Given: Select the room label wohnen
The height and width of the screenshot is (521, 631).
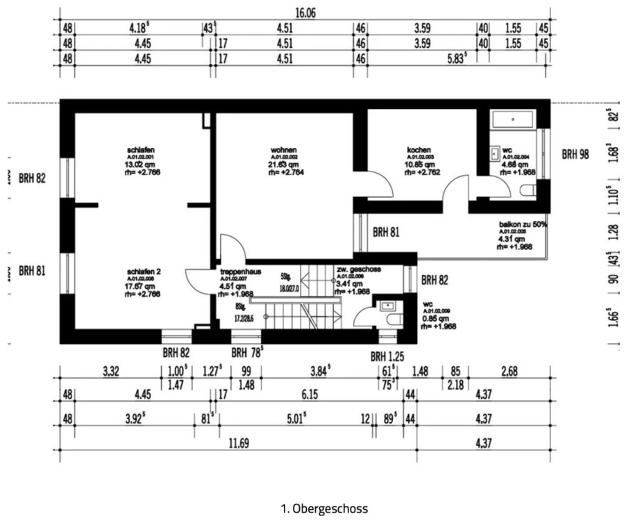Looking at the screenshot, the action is (x=285, y=150).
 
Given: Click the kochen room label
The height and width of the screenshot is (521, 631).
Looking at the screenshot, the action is (x=419, y=150).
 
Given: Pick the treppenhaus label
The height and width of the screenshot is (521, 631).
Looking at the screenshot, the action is (x=240, y=272).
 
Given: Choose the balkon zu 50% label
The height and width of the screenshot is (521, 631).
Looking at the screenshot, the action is (x=523, y=225).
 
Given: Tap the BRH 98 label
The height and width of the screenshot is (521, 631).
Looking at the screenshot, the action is (x=575, y=154).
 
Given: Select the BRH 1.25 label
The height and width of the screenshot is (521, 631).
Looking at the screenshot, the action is (x=387, y=357).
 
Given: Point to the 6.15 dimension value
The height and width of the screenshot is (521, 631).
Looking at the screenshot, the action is (x=305, y=395).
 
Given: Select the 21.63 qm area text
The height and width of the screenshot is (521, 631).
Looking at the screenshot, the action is (x=284, y=165).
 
